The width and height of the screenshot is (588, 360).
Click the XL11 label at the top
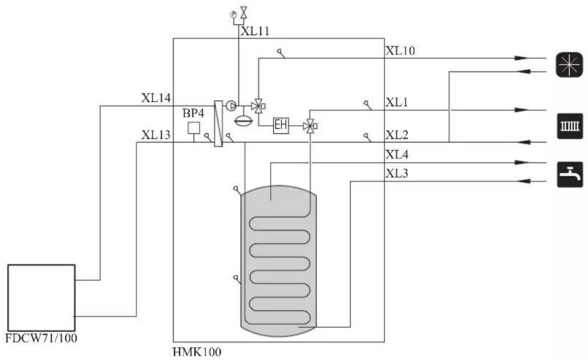[255, 31]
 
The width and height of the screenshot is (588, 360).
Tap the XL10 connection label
[400, 51]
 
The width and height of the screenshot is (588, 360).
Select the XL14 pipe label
[156, 98]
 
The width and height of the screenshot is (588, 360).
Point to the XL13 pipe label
[155, 135]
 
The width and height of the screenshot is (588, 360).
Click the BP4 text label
[193, 113]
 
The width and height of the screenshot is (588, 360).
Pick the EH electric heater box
[280, 126]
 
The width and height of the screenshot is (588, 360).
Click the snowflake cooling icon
[569, 65]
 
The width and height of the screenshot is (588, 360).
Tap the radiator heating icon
[570, 126]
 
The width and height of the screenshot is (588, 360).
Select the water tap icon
[570, 174]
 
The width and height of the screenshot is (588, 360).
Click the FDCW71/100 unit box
[41, 298]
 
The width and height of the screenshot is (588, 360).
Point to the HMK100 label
[197, 352]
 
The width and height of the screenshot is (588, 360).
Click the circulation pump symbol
[231, 106]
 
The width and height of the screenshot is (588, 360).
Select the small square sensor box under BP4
[194, 128]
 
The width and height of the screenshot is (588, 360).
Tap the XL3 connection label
[397, 173]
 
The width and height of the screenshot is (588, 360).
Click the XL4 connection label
[397, 154]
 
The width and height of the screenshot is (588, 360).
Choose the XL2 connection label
[397, 135]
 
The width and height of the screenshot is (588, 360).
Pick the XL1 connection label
[396, 102]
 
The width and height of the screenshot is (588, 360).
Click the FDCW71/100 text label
[41, 338]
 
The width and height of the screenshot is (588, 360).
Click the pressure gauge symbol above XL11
[233, 15]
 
